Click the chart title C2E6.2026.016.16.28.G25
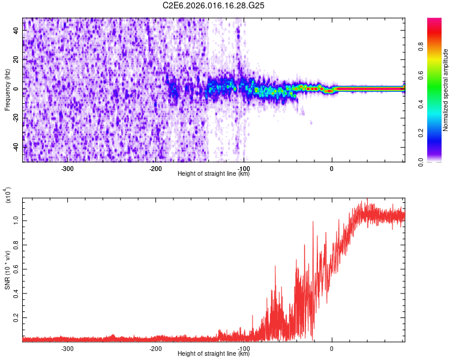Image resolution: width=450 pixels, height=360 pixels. click(214, 5)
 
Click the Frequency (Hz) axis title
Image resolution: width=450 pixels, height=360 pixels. click(7, 90)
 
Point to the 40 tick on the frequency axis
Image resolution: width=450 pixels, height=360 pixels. click(17, 32)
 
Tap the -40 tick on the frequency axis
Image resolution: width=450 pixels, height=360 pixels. click(17, 147)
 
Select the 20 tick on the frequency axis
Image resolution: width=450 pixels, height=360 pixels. click(17, 61)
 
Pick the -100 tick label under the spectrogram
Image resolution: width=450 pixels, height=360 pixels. click(243, 169)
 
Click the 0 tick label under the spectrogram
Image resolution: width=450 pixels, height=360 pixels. click(332, 169)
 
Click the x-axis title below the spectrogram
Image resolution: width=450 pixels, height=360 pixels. click(214, 174)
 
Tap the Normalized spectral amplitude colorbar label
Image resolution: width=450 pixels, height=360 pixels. click(446, 90)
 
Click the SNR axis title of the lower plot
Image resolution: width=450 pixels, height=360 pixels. click(7, 270)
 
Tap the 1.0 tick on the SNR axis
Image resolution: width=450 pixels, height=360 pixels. click(17, 221)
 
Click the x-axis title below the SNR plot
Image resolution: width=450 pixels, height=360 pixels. click(214, 354)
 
